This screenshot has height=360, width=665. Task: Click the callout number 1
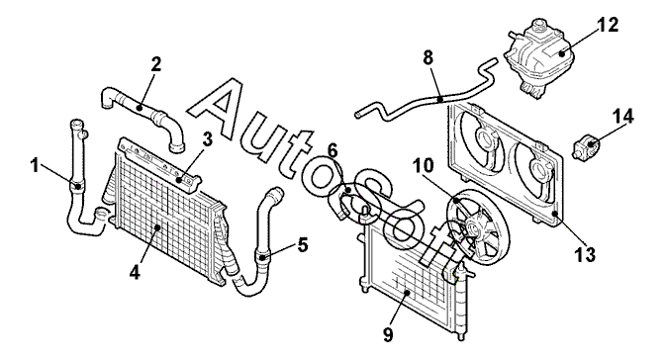[36, 165]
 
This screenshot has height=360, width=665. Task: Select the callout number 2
[156, 64]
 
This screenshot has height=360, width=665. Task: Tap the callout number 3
[207, 140]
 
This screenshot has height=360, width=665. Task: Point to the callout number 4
[135, 274]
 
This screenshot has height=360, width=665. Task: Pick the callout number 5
[303, 244]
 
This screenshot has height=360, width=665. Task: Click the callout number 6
[332, 151]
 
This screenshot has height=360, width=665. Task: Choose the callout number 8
[428, 57]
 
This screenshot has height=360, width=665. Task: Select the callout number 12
[607, 25]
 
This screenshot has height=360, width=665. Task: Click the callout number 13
[585, 255]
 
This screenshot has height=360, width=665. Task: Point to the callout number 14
[622, 117]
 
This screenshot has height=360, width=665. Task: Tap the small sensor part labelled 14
[585, 146]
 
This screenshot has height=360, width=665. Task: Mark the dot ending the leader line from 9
[407, 292]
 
